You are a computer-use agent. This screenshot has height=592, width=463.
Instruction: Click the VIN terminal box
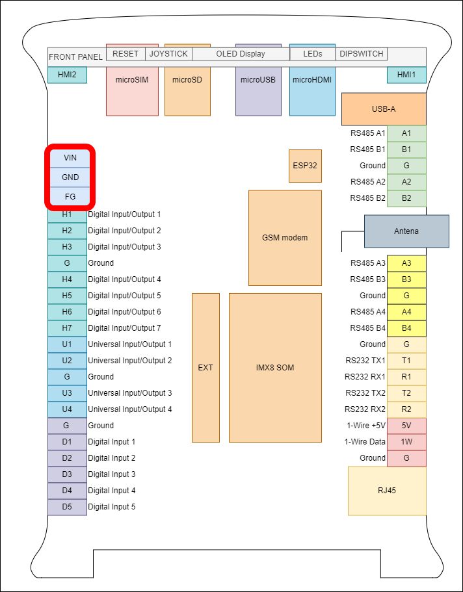pos(70,158)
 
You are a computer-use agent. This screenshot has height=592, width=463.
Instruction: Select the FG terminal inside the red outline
pos(70,196)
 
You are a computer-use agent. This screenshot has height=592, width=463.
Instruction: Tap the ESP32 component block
pos(305,166)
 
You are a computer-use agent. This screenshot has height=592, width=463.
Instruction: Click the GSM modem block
pos(285,238)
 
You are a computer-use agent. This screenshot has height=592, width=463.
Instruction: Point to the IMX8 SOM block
pos(275,368)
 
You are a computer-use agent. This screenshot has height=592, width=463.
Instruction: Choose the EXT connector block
pos(205,368)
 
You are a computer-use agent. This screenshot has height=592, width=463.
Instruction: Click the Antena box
pos(406,231)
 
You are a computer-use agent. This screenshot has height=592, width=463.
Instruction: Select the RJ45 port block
pos(387,491)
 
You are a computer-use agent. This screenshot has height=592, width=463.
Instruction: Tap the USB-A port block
pos(384,109)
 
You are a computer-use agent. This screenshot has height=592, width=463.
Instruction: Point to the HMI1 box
pos(406,75)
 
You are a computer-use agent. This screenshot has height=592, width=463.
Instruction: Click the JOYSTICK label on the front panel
pos(168,54)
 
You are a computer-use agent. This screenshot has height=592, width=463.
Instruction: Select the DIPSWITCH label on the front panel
pos(362,54)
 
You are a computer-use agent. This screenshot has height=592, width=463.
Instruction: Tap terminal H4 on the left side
pos(67,279)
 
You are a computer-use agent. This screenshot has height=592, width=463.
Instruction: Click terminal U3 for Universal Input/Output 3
pos(67,393)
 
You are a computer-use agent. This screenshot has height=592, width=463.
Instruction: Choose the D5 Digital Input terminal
pos(67,507)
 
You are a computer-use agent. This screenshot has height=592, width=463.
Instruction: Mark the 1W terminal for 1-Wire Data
pos(406,442)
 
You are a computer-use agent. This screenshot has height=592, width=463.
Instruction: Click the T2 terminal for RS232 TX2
pos(406,393)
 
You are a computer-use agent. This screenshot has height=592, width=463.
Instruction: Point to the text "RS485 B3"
pos(367,279)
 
